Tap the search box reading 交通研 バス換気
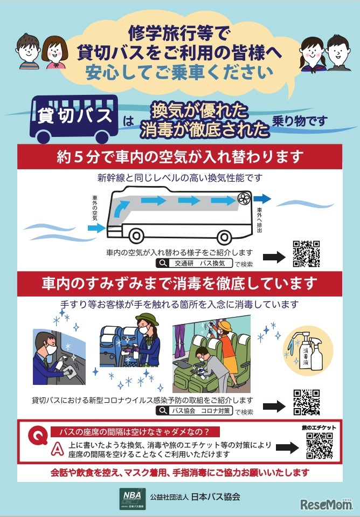coord(194,264)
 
